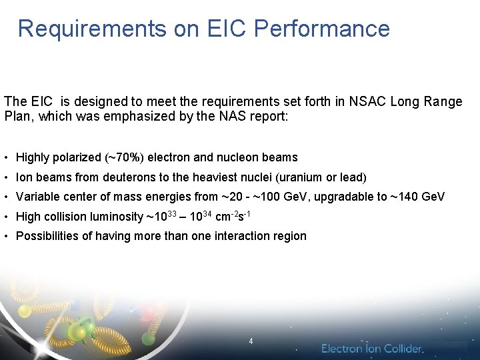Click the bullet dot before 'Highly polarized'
pyautogui.click(x=6, y=158)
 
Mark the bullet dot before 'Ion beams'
pyautogui.click(x=6, y=177)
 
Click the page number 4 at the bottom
pyautogui.click(x=251, y=341)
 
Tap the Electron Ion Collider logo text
pyautogui.click(x=372, y=349)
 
